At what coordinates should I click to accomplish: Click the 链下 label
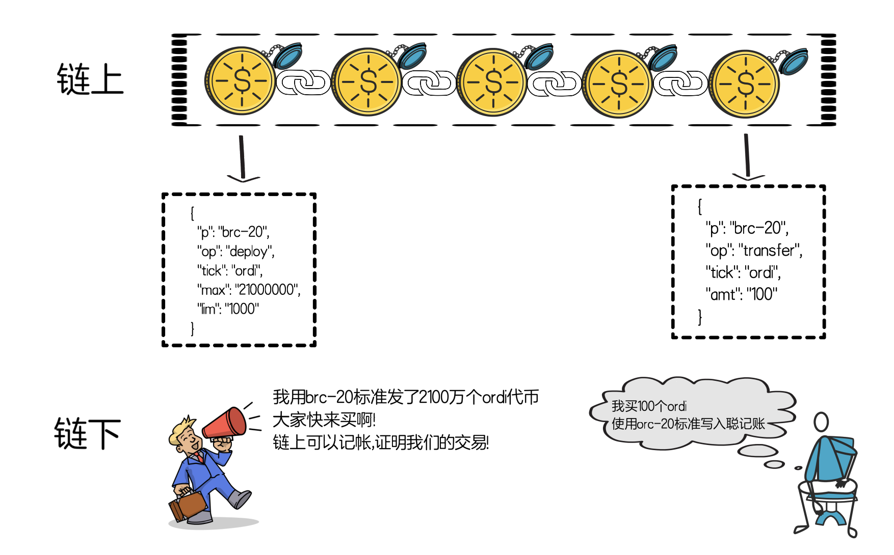click(x=88, y=433)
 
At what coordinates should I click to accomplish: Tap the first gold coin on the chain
click(x=241, y=81)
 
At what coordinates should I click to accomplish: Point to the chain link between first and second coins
click(x=304, y=84)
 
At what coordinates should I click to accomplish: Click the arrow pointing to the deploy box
click(x=243, y=158)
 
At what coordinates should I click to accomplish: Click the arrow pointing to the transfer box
click(x=747, y=157)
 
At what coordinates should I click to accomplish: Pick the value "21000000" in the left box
click(x=267, y=290)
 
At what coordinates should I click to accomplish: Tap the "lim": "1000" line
click(x=228, y=309)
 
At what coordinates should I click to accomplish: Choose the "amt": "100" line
click(x=742, y=294)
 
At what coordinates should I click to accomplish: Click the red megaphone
click(x=228, y=424)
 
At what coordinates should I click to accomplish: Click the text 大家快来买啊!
click(x=324, y=420)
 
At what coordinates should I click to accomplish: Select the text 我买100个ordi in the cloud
click(x=649, y=406)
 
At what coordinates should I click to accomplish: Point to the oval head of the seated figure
click(x=821, y=422)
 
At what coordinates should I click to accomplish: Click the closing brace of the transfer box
click(x=700, y=317)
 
